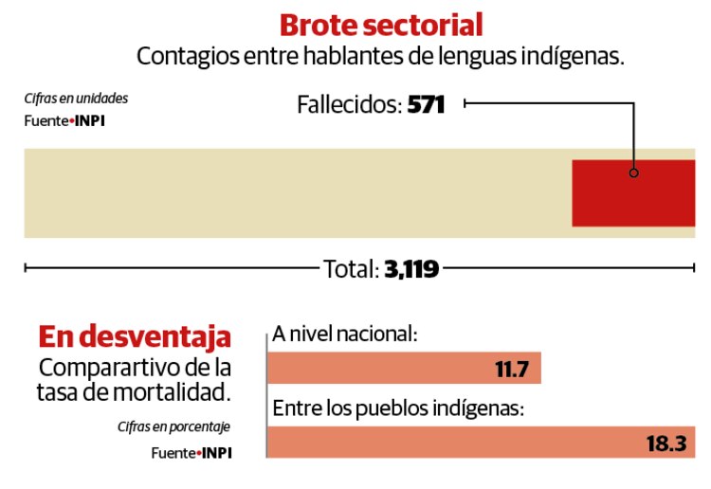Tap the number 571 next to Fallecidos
[x=426, y=104]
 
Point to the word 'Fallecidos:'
[x=349, y=104]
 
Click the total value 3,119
[x=411, y=269]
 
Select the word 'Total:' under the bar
[x=351, y=269]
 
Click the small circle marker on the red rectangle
[x=633, y=173]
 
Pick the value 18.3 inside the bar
[x=665, y=443]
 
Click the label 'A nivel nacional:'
[x=344, y=334]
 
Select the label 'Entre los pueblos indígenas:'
[x=398, y=408]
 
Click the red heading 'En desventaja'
[x=135, y=336]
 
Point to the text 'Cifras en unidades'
[x=76, y=99]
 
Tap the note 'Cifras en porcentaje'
[x=174, y=426]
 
